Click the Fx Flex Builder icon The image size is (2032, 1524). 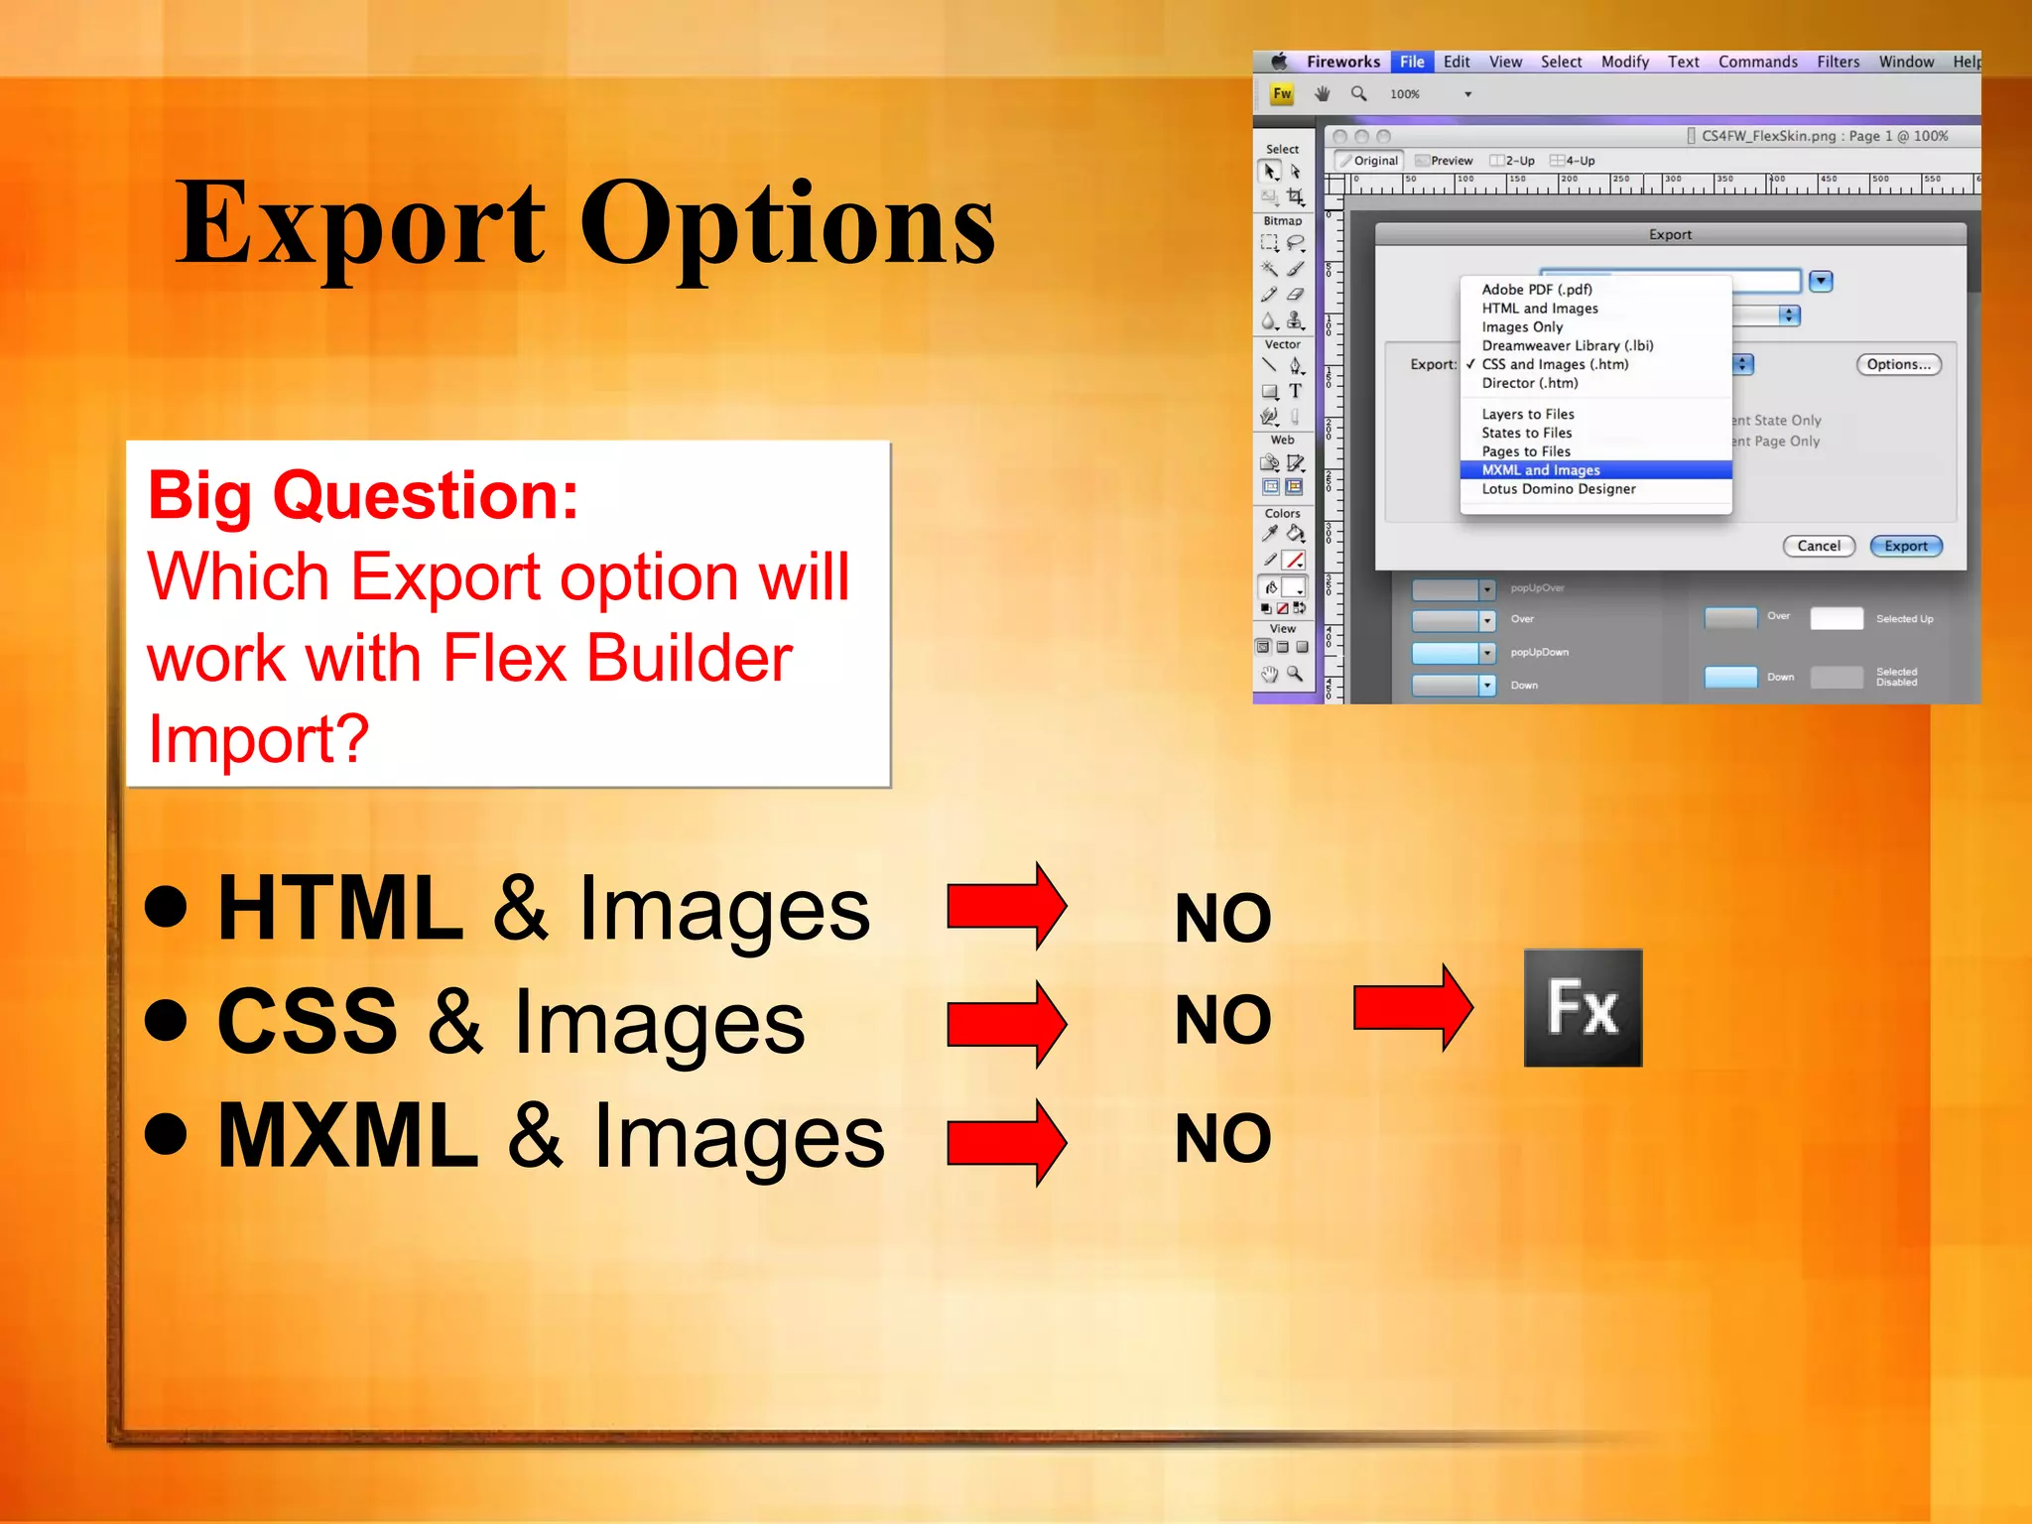[1583, 1007]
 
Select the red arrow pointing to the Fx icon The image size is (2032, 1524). [1412, 1008]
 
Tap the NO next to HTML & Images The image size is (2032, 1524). [1222, 918]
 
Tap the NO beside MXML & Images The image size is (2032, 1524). [1222, 1138]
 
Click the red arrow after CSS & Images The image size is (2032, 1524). [1006, 1023]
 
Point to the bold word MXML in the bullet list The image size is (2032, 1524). [347, 1136]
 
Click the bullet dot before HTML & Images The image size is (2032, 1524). [166, 906]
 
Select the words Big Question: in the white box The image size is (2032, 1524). [363, 495]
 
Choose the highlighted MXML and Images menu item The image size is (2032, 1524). [1540, 470]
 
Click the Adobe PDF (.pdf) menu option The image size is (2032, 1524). [1536, 290]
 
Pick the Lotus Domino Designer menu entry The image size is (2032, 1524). [1558, 489]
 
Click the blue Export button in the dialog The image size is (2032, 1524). [1905, 546]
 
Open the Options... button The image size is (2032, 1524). [1898, 364]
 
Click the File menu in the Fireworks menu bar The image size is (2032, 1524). [1412, 62]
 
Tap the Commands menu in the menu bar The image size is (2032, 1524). [1757, 62]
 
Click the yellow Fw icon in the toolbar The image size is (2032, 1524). [1282, 94]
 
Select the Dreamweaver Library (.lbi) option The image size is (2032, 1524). [1567, 345]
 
